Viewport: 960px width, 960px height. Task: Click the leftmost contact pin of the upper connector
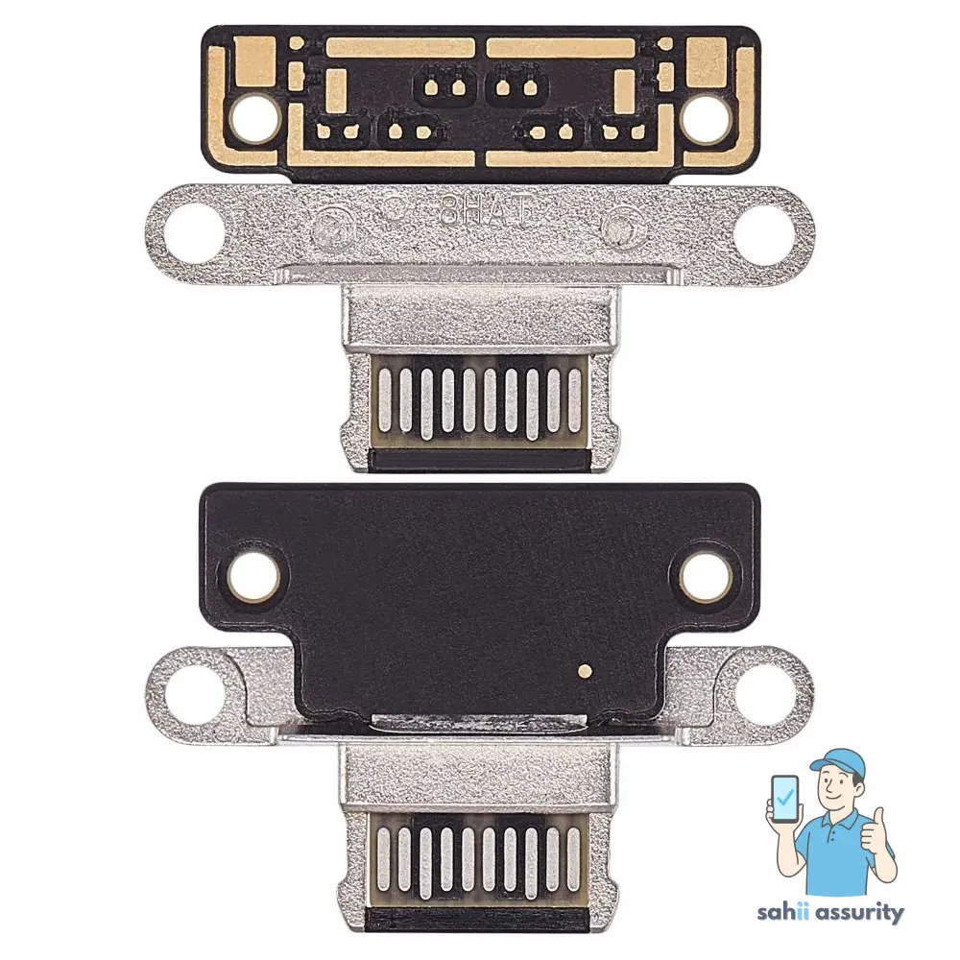[386, 399]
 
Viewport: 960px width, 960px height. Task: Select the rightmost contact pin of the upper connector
[573, 399]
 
